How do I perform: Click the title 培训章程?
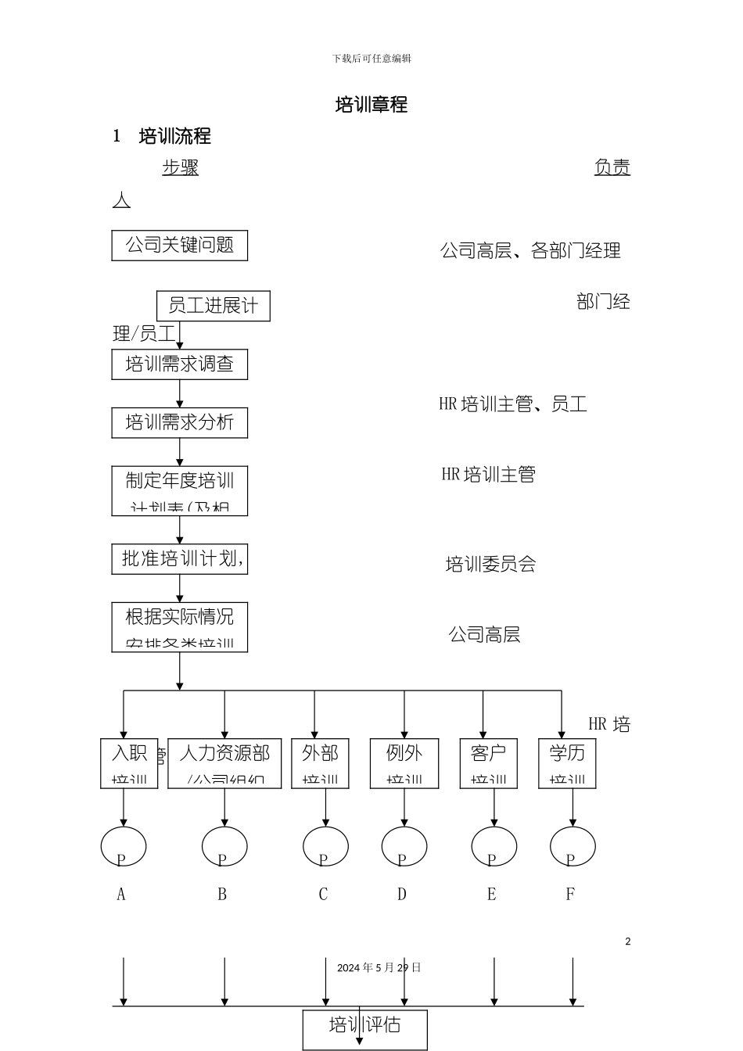371,105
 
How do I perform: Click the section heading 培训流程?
174,136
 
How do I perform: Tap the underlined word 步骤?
180,167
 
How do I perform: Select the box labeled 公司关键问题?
179,246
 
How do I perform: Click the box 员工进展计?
213,306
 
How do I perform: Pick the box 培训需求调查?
179,364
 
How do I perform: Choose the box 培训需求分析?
179,423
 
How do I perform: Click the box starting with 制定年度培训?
179,490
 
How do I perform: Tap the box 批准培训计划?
179,559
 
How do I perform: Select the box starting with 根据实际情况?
179,627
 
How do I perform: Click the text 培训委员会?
490,565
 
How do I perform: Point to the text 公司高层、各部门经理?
530,251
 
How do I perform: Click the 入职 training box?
129,762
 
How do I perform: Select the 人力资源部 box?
224,762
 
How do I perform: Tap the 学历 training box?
567,762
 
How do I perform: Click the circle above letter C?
325,846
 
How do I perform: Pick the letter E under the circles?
491,895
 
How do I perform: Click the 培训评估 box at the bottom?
364,1028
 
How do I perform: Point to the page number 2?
627,942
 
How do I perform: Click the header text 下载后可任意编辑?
371,59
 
